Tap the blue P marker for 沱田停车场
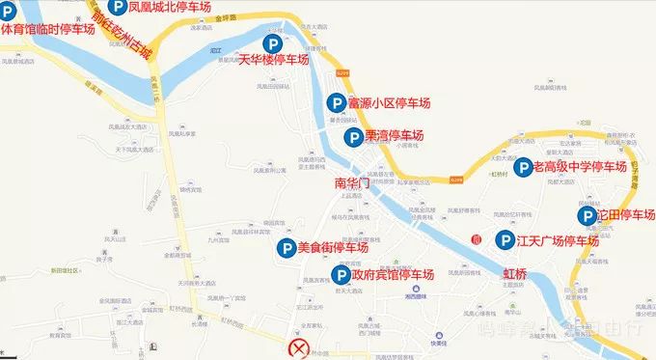pyautogui.click(x=586, y=214)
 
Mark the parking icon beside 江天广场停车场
pyautogui.click(x=504, y=240)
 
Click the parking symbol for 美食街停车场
pyautogui.click(x=286, y=248)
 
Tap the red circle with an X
pyautogui.click(x=302, y=348)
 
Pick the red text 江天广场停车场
pyautogui.click(x=559, y=240)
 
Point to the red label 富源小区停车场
pyautogui.click(x=389, y=102)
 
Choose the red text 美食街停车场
pyautogui.click(x=333, y=248)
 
